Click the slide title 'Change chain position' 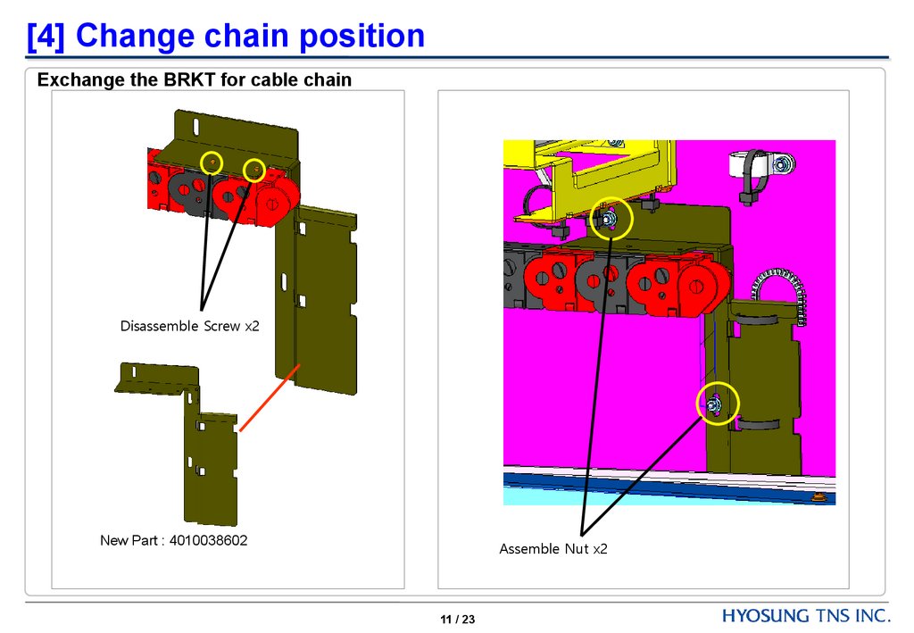pyautogui.click(x=250, y=37)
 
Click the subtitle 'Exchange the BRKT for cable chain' pyautogui.click(x=194, y=80)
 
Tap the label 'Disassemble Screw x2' pyautogui.click(x=189, y=327)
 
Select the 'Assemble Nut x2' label pyautogui.click(x=553, y=549)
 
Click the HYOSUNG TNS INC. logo pyautogui.click(x=805, y=616)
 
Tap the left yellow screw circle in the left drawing pyautogui.click(x=212, y=162)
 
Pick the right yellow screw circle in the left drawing pyautogui.click(x=254, y=170)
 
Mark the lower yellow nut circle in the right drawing pyautogui.click(x=719, y=404)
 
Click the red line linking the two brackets pyautogui.click(x=266, y=402)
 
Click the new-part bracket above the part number pyautogui.click(x=210, y=464)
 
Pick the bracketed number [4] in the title pyautogui.click(x=45, y=37)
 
